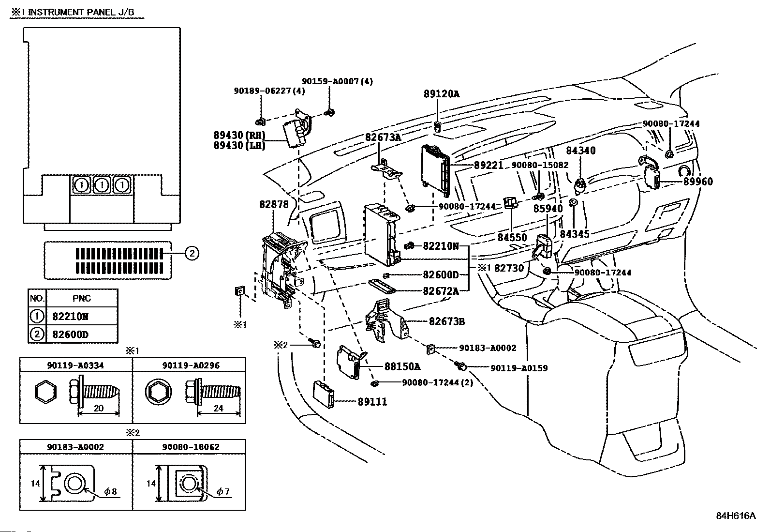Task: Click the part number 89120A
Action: point(442,94)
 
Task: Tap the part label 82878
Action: point(274,204)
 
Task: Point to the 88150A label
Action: point(402,366)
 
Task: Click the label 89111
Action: point(373,402)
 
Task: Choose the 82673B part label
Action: point(446,321)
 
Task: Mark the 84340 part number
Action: point(581,151)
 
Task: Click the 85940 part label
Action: point(548,209)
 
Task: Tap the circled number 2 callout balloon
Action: point(192,253)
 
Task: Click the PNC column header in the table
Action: point(81,298)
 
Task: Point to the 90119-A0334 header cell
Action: point(75,365)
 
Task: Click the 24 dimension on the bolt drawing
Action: point(218,408)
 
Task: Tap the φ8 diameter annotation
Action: point(110,492)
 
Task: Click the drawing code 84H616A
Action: point(736,516)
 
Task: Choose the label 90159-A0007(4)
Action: point(337,82)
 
